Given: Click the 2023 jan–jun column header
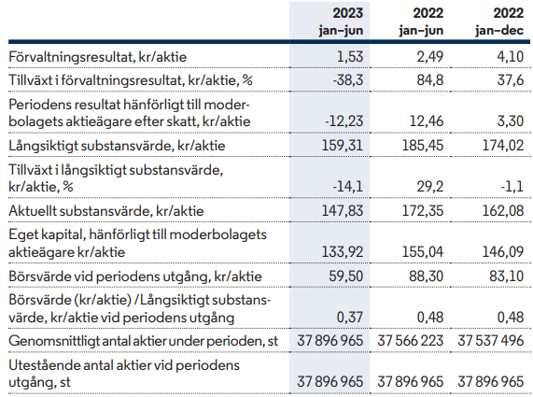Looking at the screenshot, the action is point(341,21).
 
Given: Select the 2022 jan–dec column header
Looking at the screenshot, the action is point(499,21).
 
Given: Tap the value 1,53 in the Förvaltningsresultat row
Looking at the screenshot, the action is point(350,56).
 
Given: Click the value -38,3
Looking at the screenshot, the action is point(348,80).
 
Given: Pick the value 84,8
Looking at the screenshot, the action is point(430,80).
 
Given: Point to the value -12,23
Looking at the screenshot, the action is point(344,121).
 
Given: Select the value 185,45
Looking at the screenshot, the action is point(423,146).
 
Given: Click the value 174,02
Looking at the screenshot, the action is point(503,146).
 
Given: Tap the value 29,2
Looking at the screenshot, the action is point(430,187).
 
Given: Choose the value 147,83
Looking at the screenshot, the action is point(343,211).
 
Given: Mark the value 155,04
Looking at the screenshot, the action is point(423,252).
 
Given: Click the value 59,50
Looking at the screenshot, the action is point(346,276).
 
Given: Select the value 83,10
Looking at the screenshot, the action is point(507,276).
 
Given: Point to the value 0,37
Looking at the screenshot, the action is point(350,318).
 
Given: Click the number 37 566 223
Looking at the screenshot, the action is point(411,341).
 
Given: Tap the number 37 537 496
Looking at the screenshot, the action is point(490,341).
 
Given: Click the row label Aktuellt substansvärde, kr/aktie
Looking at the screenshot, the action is point(106,211).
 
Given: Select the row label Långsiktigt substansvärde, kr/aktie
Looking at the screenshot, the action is point(117,146).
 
